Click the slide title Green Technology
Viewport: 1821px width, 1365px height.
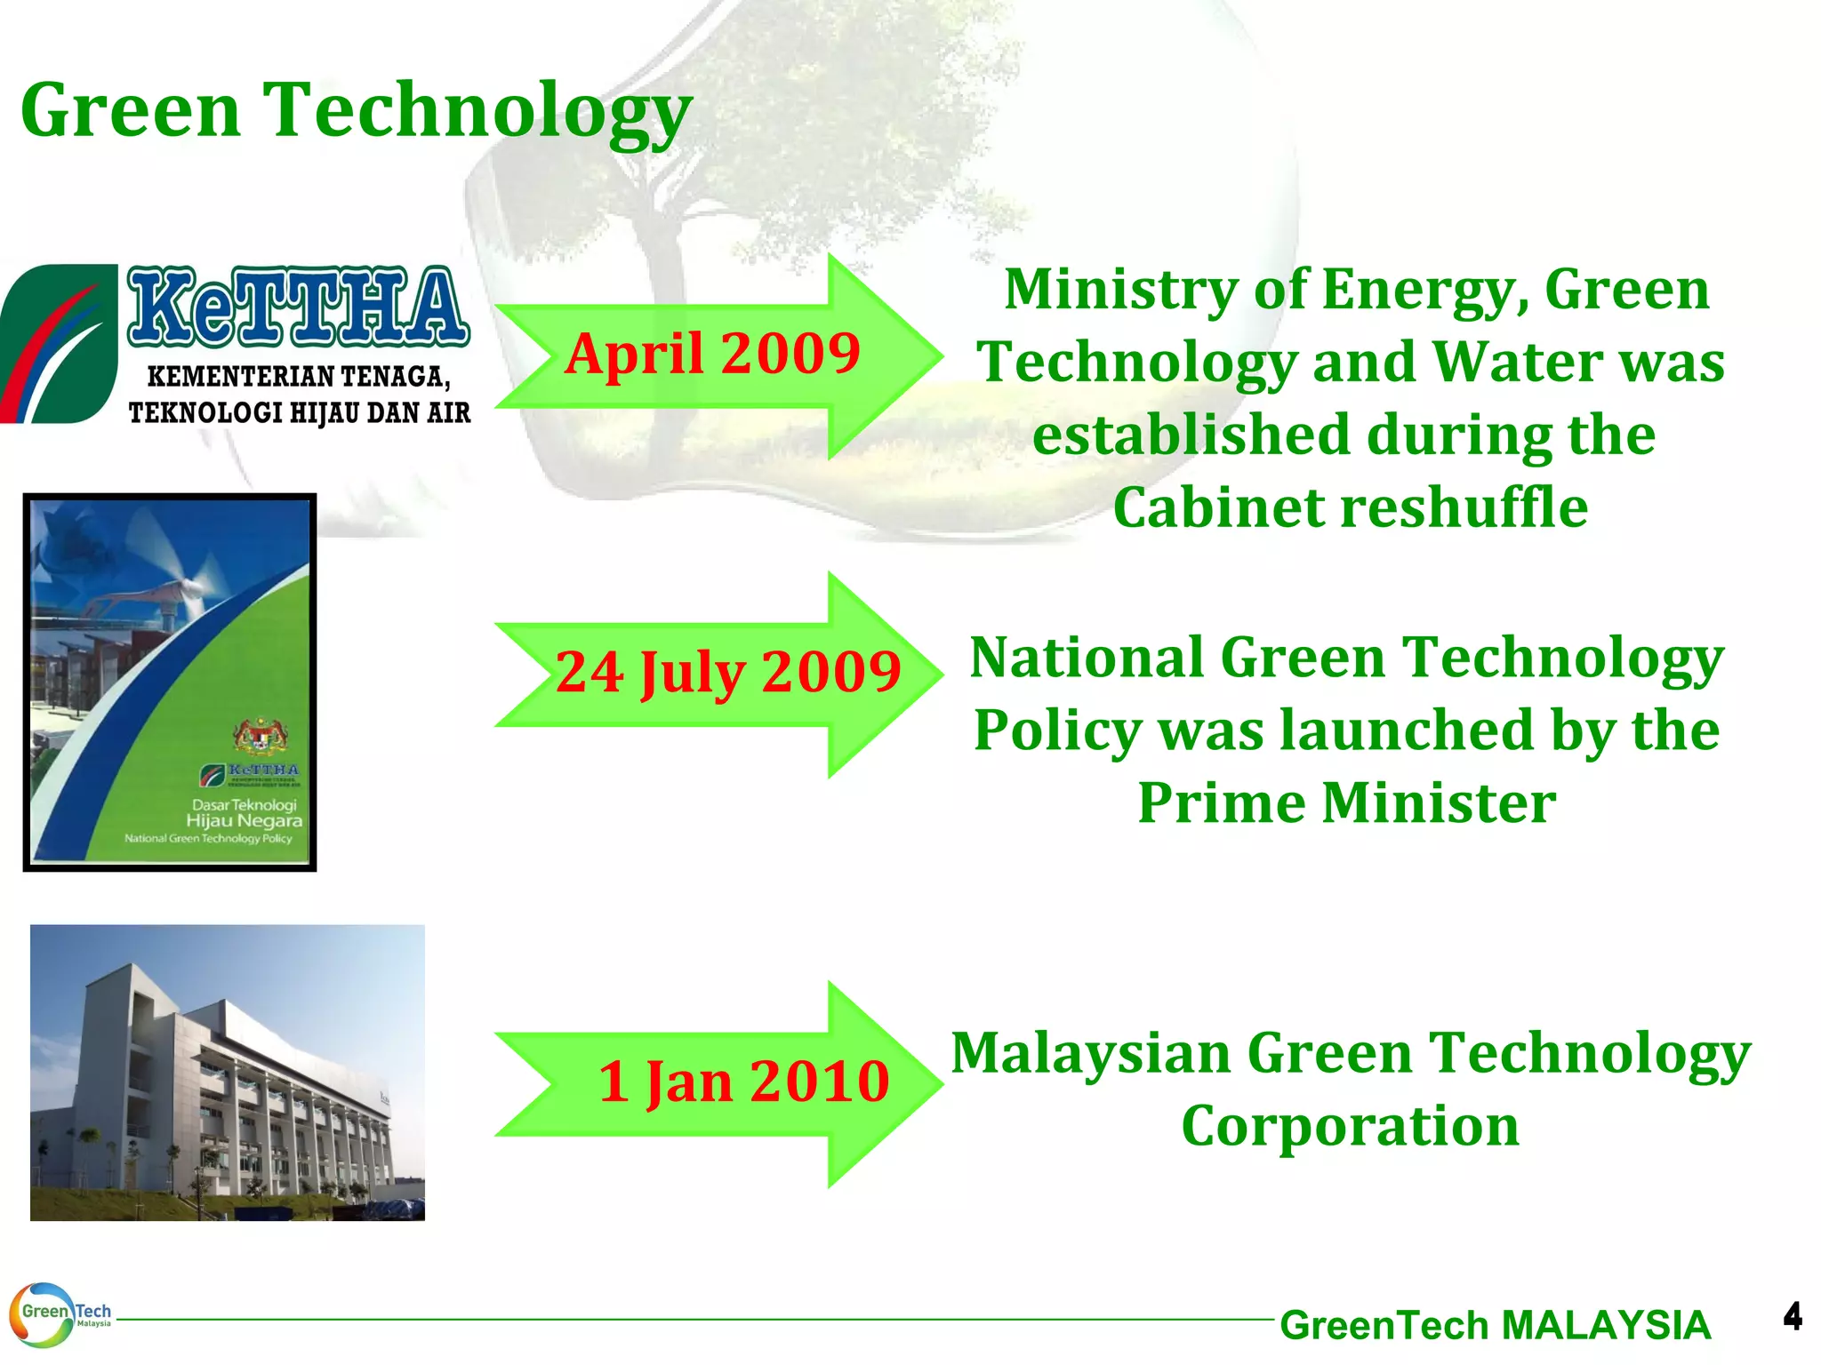[356, 111]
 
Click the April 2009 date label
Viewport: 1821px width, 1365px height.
[712, 354]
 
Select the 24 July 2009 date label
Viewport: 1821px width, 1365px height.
[728, 672]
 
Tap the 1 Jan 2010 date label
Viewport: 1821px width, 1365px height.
[743, 1082]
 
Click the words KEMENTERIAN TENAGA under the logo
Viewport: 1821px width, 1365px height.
[299, 377]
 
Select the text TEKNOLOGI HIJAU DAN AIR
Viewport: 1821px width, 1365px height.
[299, 413]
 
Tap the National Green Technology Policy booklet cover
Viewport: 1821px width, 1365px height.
[169, 682]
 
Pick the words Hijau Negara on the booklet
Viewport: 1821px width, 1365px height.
[244, 821]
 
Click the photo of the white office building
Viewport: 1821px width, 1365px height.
[227, 1073]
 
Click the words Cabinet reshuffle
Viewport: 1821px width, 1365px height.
[1350, 508]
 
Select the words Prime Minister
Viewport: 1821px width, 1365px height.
[1346, 803]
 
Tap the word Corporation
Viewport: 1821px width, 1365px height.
[1350, 1126]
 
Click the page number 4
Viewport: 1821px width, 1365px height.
[1792, 1316]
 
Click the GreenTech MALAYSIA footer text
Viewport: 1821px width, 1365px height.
[1495, 1325]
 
